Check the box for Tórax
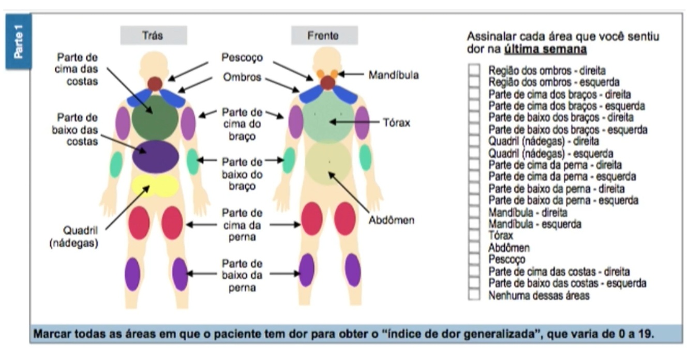(474, 236)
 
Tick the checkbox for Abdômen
(474, 248)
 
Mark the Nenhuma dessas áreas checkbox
(474, 295)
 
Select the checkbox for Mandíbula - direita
(474, 212)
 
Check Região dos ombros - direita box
(474, 70)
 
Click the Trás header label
(154, 36)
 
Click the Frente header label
(324, 36)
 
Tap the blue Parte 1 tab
(18, 42)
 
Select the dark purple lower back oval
(155, 157)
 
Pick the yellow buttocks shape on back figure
(155, 185)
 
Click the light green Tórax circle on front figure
(327, 118)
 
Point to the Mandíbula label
(393, 76)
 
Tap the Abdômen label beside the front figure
(391, 220)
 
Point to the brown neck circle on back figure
(155, 83)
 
